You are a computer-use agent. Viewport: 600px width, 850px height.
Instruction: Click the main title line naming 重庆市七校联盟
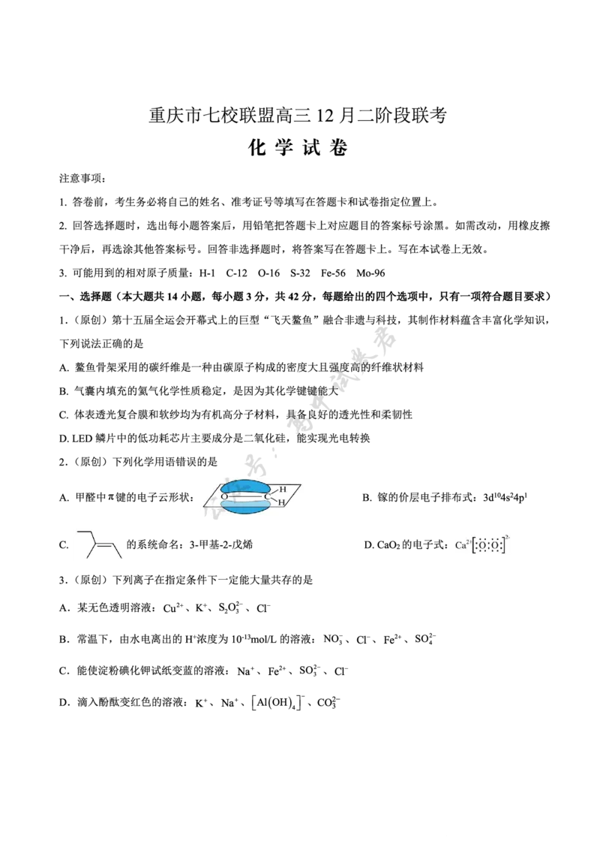pos(298,115)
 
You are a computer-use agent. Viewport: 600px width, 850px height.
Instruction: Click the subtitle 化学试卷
pos(298,147)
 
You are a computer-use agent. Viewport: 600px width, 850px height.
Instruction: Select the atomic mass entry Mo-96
pos(371,273)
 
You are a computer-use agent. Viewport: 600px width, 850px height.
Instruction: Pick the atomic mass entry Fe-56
pos(333,273)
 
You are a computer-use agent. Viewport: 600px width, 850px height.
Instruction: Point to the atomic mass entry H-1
pos(207,273)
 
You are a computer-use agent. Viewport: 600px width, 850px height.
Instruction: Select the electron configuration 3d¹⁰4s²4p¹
pos(505,497)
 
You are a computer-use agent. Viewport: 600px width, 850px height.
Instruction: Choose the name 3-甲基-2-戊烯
pos(221,544)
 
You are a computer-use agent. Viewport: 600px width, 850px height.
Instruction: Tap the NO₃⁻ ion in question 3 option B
pos(333,640)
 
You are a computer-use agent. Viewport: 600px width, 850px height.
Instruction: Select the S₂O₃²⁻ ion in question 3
pos(231,608)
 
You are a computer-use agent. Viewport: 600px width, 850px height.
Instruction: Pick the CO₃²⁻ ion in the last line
pos(328,703)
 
